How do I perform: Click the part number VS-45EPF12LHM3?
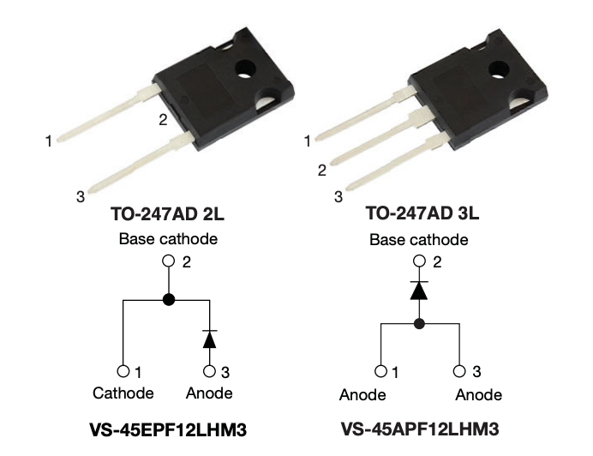click(x=168, y=430)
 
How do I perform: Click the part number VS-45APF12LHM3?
click(x=420, y=429)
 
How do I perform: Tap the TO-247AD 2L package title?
click(x=168, y=213)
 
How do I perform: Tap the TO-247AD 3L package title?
click(x=422, y=213)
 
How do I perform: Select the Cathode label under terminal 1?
click(x=123, y=393)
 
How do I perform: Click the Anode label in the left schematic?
click(x=209, y=393)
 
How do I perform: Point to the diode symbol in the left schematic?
click(x=209, y=339)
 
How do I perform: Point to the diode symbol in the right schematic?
click(x=419, y=291)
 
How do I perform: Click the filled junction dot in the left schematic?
click(x=169, y=300)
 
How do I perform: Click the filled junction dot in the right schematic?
click(x=419, y=323)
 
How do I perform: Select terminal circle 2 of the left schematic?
click(x=168, y=261)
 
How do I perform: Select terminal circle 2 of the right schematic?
click(x=419, y=261)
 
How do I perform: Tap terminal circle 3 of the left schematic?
click(x=209, y=371)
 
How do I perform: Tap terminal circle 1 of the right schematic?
click(x=380, y=371)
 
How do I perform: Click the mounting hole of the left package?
click(x=245, y=69)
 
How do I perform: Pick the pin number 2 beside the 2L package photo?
click(x=163, y=120)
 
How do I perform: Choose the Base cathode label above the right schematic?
click(x=419, y=239)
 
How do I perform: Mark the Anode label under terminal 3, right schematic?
click(x=478, y=394)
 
